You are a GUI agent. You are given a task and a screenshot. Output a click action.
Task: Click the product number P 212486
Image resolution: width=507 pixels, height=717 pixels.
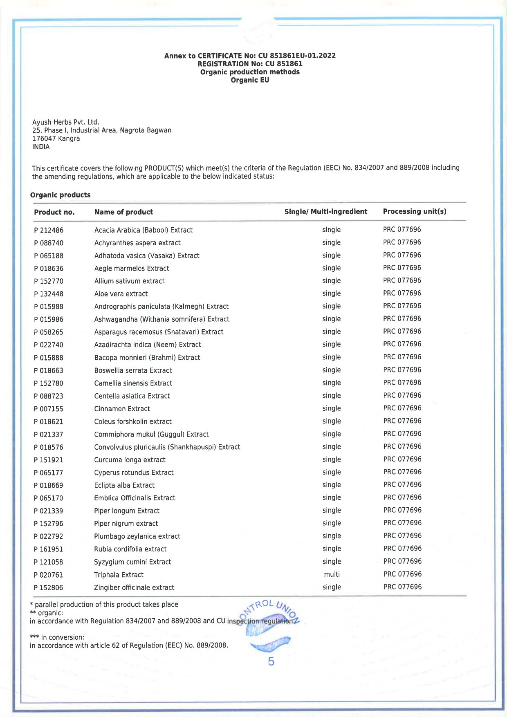click(x=49, y=230)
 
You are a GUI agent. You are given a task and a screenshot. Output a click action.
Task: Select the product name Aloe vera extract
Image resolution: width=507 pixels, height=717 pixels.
click(x=121, y=294)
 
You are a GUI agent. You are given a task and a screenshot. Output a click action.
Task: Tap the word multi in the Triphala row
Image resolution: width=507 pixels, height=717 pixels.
click(x=332, y=574)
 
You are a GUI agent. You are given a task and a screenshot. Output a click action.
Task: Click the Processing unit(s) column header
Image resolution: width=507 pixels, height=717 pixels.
click(x=415, y=211)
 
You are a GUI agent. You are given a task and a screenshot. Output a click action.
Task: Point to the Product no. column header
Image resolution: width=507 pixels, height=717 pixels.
click(x=54, y=212)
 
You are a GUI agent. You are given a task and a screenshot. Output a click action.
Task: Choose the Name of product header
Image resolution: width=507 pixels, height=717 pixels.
click(x=123, y=212)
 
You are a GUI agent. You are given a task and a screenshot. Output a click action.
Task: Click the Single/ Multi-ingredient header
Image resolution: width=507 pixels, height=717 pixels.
click(x=326, y=211)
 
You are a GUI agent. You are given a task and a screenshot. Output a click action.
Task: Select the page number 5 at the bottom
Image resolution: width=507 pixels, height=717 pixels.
click(x=271, y=661)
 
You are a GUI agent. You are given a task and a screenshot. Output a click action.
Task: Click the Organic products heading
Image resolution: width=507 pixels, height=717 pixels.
click(x=61, y=195)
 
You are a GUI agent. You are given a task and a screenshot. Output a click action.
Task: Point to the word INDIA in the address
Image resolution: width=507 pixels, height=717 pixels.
click(x=41, y=147)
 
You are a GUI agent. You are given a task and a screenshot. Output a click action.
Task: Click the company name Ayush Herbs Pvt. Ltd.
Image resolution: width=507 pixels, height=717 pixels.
click(x=66, y=122)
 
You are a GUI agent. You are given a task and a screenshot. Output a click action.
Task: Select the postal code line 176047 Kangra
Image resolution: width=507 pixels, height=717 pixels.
click(x=56, y=139)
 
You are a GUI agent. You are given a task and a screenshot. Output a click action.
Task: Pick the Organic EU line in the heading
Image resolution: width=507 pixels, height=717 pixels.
click(x=250, y=80)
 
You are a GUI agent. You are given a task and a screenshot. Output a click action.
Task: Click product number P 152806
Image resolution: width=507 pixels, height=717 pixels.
click(x=49, y=587)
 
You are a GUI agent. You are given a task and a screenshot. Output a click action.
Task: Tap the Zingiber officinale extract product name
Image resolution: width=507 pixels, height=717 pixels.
click(x=134, y=587)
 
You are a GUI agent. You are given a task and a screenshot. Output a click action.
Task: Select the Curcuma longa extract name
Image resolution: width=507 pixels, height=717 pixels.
click(x=130, y=460)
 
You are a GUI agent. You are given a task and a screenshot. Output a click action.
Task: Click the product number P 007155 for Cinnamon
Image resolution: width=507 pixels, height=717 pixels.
click(x=49, y=409)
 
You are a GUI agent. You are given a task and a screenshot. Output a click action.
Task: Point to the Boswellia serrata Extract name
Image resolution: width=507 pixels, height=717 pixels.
click(x=133, y=370)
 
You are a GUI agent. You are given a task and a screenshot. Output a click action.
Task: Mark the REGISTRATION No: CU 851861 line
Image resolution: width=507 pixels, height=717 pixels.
click(x=250, y=64)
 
